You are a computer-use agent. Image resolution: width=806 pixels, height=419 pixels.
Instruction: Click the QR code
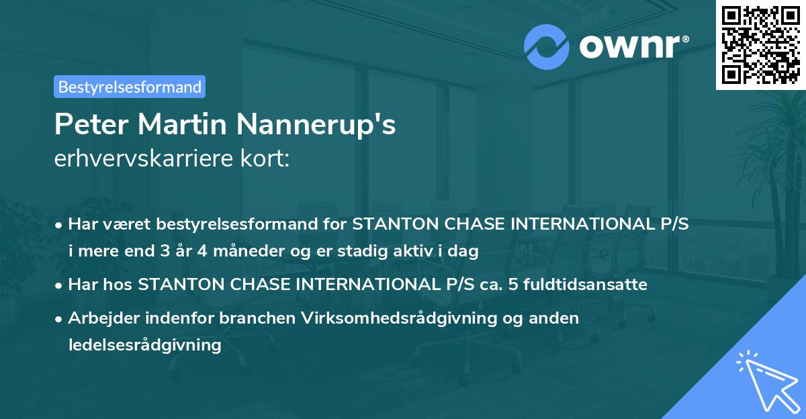(760, 45)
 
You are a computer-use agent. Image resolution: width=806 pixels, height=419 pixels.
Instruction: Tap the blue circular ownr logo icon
(547, 46)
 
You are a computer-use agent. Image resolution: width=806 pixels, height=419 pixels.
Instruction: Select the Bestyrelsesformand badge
(130, 87)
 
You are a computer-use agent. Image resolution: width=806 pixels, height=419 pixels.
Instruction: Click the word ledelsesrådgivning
(144, 345)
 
